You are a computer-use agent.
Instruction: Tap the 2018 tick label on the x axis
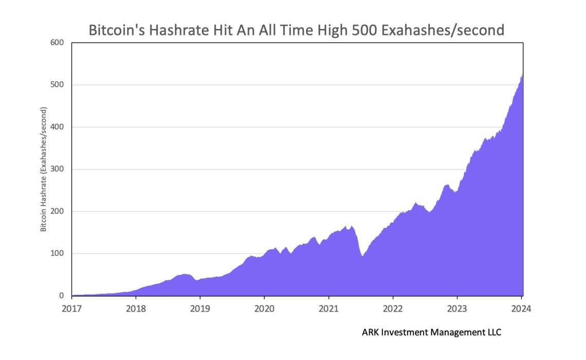pyautogui.click(x=135, y=309)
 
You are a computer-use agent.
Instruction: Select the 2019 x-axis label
pyautogui.click(x=199, y=309)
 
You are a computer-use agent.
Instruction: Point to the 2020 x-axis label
pyautogui.click(x=264, y=309)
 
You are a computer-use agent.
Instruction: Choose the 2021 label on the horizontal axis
pyautogui.click(x=328, y=309)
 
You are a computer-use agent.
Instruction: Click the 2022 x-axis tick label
pyautogui.click(x=393, y=309)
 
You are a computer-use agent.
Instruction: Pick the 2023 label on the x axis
pyautogui.click(x=457, y=309)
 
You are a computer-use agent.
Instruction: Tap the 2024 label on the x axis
pyautogui.click(x=521, y=309)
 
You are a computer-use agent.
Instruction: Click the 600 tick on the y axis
pyautogui.click(x=57, y=43)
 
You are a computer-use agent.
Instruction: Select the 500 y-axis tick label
pyautogui.click(x=57, y=85)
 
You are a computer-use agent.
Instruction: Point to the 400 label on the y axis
pyautogui.click(x=57, y=127)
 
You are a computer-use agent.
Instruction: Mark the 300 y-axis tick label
pyautogui.click(x=57, y=169)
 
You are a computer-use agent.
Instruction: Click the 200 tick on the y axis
pyautogui.click(x=57, y=211)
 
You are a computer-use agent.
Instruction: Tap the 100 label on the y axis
pyautogui.click(x=57, y=254)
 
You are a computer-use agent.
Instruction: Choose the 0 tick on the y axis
pyautogui.click(x=61, y=296)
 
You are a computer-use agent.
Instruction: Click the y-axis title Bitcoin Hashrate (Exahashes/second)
pyautogui.click(x=44, y=169)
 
